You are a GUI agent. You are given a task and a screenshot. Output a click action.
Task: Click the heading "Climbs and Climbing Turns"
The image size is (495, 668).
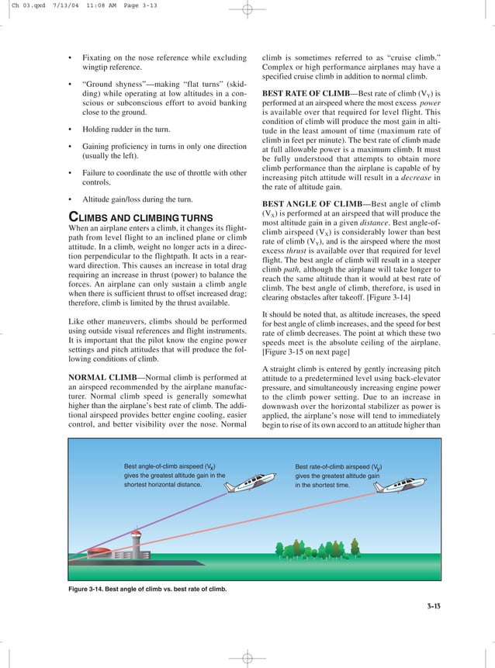pyautogui.click(x=139, y=217)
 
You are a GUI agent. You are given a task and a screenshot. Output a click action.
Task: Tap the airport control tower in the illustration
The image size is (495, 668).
pyautogui.click(x=137, y=539)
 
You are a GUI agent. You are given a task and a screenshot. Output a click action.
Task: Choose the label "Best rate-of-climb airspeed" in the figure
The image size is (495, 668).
pyautogui.click(x=337, y=467)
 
